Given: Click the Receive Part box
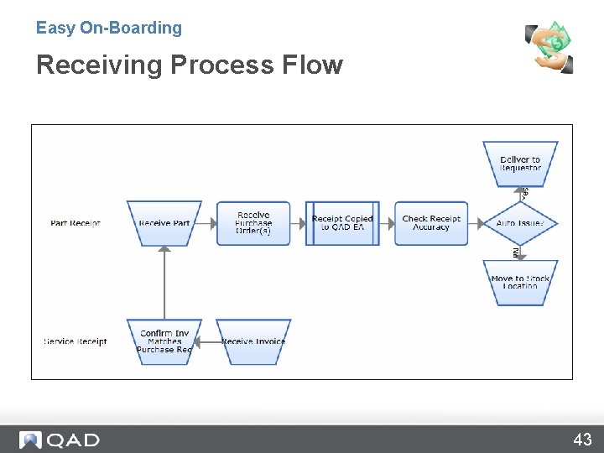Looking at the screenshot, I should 164,223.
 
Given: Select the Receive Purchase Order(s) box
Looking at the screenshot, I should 253,223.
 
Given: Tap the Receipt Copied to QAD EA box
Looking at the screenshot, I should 342,223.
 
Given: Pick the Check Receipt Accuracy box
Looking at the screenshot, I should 431,223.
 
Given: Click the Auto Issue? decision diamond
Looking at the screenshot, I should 520,223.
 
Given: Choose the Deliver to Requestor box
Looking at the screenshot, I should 520,164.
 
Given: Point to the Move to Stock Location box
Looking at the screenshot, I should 520,282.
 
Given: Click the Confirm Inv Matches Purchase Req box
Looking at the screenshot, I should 164,341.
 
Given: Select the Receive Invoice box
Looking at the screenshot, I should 253,341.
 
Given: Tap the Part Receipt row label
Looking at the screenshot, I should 75,223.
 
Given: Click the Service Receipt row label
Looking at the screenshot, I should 75,341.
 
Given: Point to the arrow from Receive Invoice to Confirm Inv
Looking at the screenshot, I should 209,341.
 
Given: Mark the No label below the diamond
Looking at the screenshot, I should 517,253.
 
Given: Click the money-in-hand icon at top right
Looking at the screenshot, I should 549,47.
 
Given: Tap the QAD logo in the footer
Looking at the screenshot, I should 60,440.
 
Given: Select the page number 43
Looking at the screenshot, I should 582,440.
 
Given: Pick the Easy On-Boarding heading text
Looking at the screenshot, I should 109,28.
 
